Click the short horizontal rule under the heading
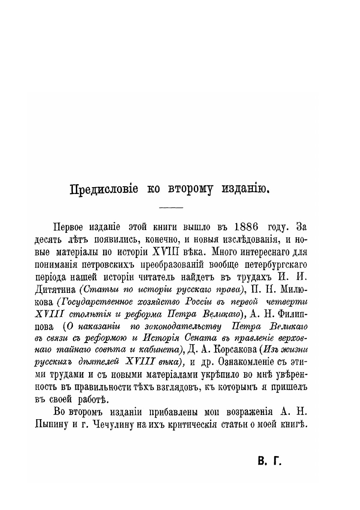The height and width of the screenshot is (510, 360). point(171,208)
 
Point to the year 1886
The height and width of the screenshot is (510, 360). point(251,227)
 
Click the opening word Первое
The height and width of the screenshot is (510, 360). point(70,227)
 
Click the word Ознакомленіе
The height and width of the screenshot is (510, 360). point(252,363)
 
